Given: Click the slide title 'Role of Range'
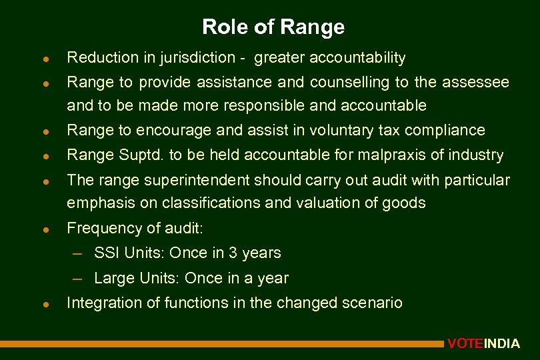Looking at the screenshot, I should (x=273, y=27).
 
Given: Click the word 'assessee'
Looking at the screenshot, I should (x=475, y=83).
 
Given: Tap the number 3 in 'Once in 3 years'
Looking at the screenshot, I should (x=233, y=253).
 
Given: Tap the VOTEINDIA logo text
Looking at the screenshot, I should (x=483, y=344).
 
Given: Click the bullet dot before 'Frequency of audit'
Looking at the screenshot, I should (x=42, y=229).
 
